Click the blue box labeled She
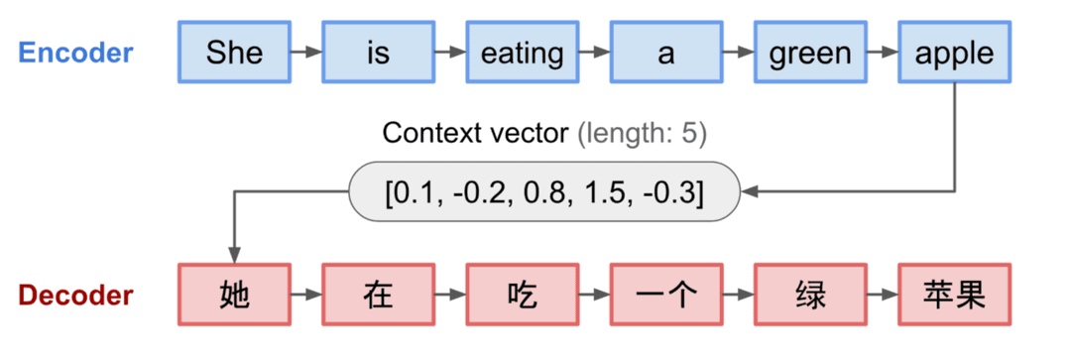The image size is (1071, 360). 234,52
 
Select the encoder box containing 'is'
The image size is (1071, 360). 378,52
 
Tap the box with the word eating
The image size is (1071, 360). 522,52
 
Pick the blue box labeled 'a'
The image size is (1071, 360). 665,52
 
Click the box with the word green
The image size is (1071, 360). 810,52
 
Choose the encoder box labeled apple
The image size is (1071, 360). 954,52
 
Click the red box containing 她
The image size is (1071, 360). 234,295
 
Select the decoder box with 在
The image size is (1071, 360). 378,295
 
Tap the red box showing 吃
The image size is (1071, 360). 522,295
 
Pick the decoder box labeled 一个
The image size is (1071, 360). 665,295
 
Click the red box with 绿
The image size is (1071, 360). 810,295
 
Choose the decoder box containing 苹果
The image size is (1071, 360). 954,295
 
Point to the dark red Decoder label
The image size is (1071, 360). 75,296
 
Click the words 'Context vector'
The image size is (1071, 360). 475,133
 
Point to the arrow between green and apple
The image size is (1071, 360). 882,52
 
